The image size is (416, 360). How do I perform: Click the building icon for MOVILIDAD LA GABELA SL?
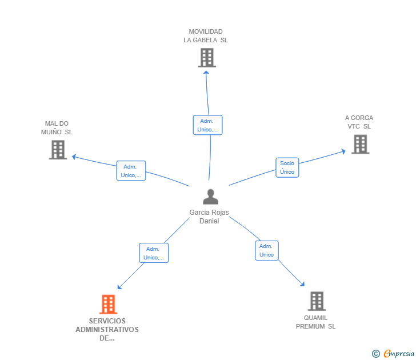(207, 58)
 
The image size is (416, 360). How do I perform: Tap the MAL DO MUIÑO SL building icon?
(58, 150)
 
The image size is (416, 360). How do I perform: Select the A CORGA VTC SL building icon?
(360, 145)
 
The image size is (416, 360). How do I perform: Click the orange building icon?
(108, 305)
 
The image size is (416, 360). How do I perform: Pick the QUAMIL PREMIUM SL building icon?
(317, 301)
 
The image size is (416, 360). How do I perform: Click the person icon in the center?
(211, 197)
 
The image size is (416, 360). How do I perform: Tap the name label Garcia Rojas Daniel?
(209, 217)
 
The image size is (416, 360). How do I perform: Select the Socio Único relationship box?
(287, 167)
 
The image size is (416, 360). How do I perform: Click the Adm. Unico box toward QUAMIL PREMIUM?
(267, 250)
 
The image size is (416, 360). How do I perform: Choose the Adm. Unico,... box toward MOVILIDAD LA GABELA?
(208, 125)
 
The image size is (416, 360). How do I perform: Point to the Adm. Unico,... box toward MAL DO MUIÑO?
(131, 171)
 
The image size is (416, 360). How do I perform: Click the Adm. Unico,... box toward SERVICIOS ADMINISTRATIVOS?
(154, 253)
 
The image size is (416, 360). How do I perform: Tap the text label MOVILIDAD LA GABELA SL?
(206, 36)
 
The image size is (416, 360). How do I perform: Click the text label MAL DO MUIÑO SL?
(57, 128)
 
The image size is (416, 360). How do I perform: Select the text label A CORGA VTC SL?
(359, 122)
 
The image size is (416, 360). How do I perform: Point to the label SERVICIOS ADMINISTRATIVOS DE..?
(107, 330)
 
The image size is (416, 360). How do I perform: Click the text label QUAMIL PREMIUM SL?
(315, 322)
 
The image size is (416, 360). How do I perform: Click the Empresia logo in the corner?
(393, 354)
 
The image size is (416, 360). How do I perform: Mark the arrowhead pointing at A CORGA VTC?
(343, 151)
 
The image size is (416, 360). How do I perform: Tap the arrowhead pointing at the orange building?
(119, 287)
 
